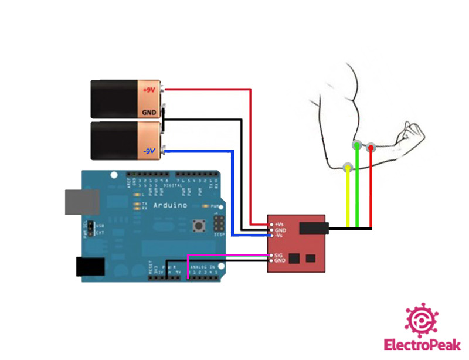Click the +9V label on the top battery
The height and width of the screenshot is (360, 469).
(x=149, y=89)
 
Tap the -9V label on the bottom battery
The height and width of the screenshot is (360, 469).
(x=148, y=151)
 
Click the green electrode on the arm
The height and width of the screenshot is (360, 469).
(x=356, y=144)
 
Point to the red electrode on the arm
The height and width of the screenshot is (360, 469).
(x=371, y=148)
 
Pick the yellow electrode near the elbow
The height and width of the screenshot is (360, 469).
(x=348, y=168)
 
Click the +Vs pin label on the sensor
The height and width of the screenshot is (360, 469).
(x=279, y=224)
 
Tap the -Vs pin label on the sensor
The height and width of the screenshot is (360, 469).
(x=279, y=236)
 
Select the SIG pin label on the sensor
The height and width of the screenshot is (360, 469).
(x=278, y=255)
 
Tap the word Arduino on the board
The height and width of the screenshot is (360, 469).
(x=170, y=205)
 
